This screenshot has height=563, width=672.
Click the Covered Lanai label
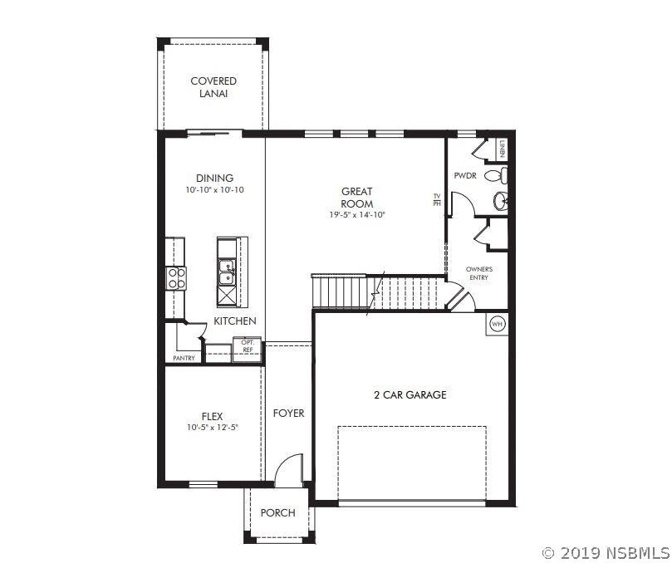click(x=213, y=87)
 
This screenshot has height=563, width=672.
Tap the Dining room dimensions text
click(x=214, y=190)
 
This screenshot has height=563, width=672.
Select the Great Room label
click(x=356, y=198)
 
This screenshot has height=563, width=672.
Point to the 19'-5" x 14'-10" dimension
click(x=357, y=215)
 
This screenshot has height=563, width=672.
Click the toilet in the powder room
click(x=496, y=175)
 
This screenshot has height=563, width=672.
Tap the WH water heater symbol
click(x=497, y=324)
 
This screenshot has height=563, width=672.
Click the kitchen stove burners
click(x=176, y=278)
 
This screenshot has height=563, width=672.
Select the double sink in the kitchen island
click(x=226, y=272)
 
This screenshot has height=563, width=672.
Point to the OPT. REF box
click(x=248, y=349)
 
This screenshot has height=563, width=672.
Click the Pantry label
click(x=184, y=358)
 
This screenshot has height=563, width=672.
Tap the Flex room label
click(x=212, y=416)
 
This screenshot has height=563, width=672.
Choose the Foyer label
click(x=288, y=413)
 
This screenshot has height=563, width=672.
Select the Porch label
click(x=277, y=512)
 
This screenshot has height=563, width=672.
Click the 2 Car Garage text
click(x=410, y=394)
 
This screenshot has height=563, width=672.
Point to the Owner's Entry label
click(x=479, y=273)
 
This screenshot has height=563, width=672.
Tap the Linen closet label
click(x=502, y=149)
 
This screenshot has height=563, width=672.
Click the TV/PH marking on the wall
click(x=437, y=199)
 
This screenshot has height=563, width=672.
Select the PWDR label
click(x=465, y=175)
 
